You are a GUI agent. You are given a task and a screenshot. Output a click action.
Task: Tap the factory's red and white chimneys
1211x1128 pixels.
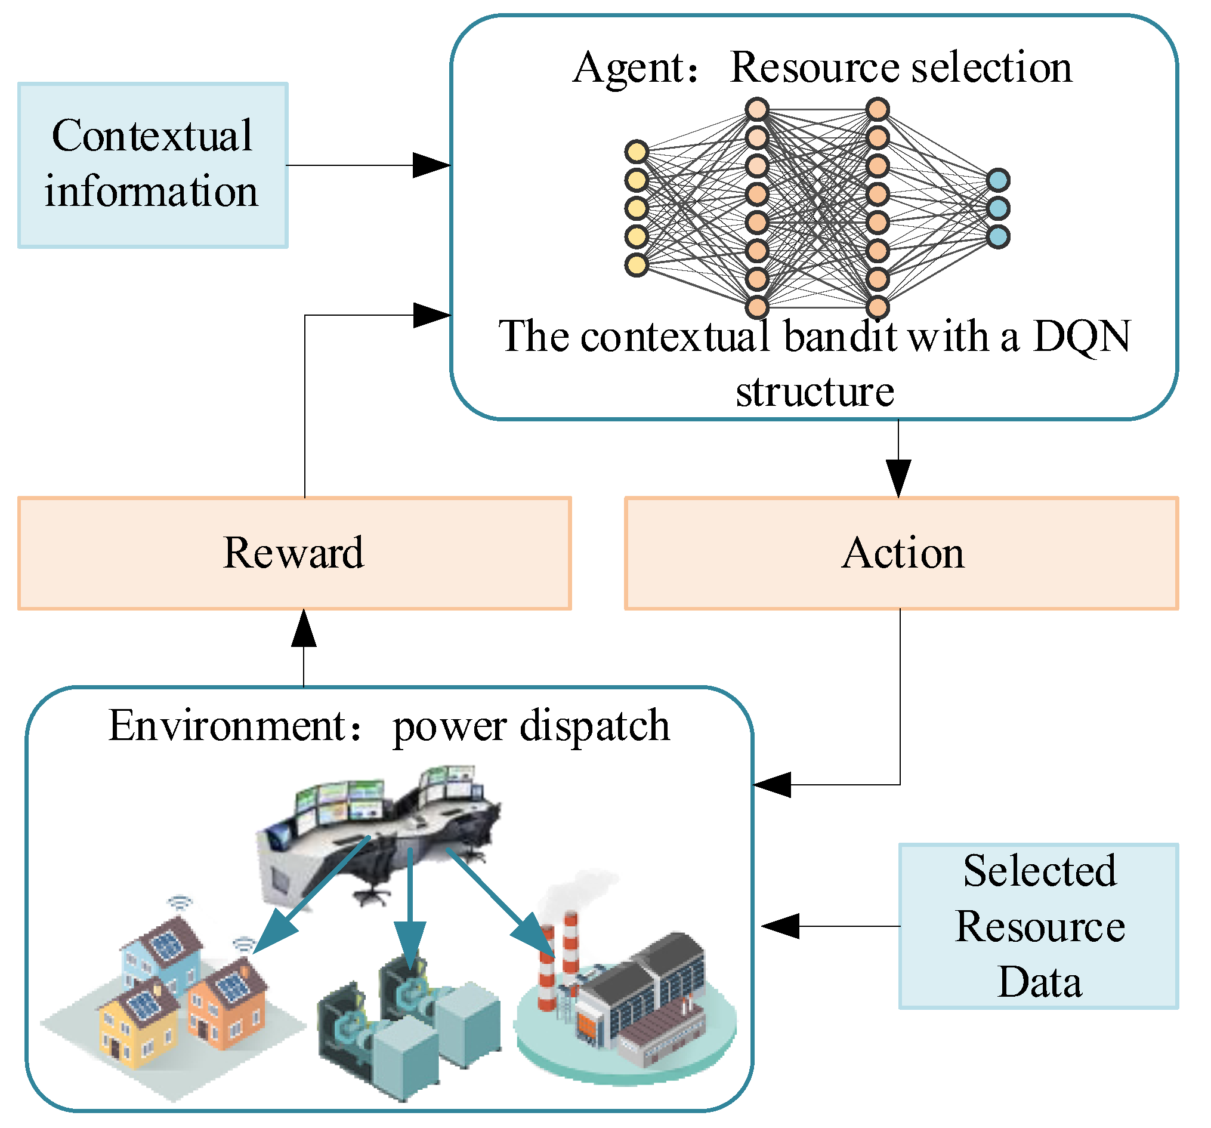560,963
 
